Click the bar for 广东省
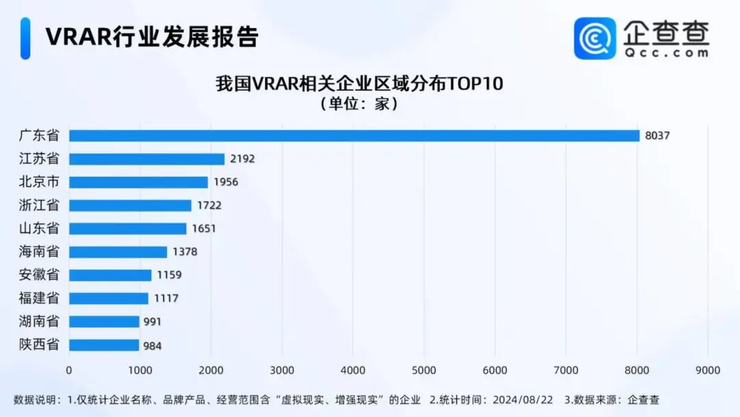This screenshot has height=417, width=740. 354,136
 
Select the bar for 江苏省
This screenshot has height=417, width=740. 147,159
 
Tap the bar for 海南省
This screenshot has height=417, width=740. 118,252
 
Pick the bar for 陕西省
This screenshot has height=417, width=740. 104,345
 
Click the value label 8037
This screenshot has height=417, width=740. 657,136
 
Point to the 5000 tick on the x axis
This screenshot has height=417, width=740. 424,370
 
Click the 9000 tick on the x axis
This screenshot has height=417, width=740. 708,370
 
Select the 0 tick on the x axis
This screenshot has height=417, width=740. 69,370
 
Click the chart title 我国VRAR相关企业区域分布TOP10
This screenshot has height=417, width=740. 360,84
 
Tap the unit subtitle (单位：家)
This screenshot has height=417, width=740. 359,105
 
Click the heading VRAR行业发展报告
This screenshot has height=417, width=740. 151,37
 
